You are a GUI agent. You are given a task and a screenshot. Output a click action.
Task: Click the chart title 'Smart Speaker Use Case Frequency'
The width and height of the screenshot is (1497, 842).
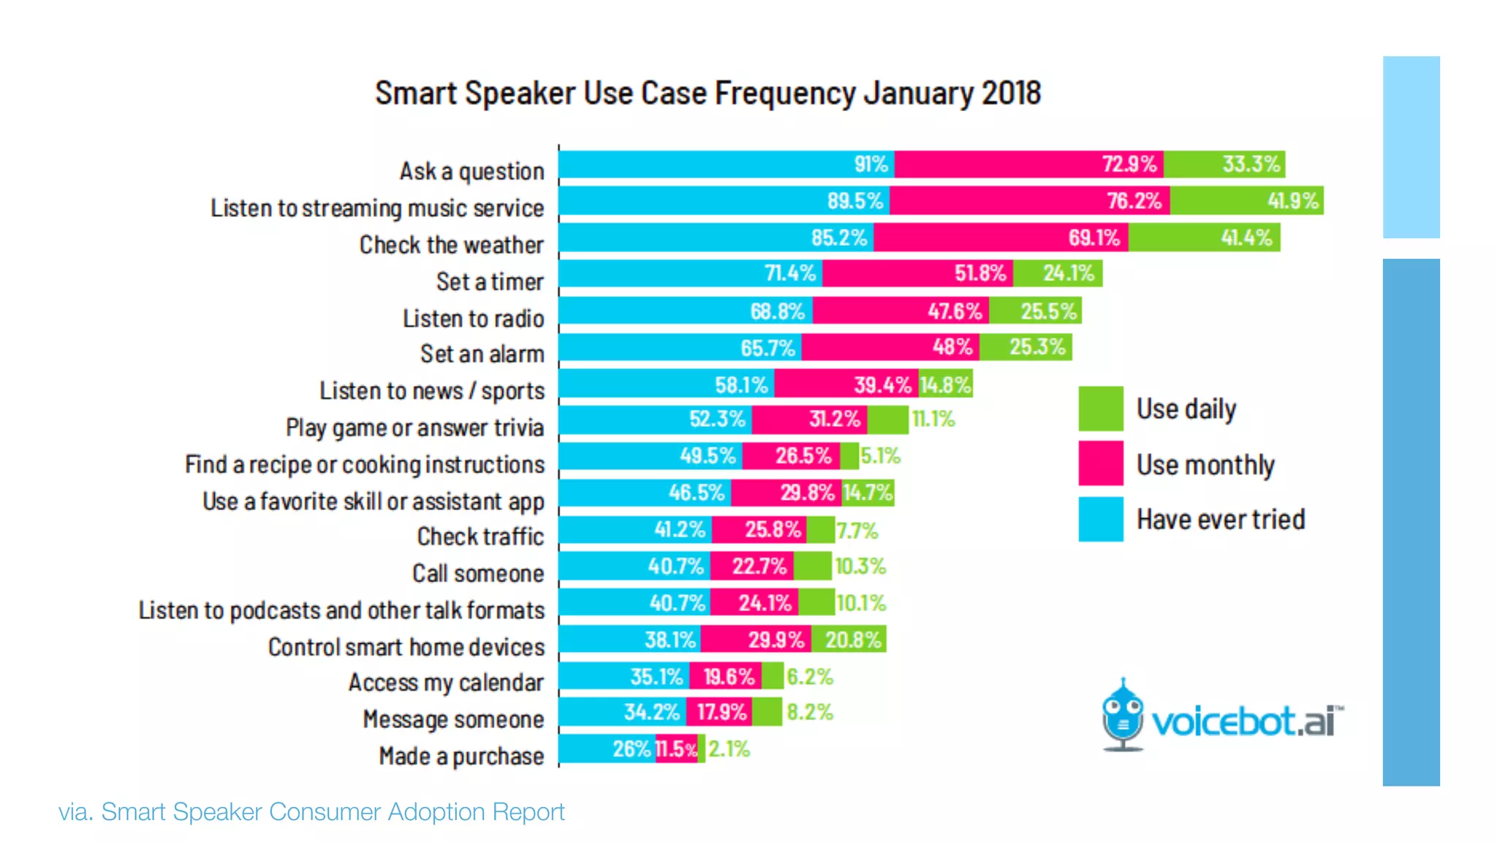tap(708, 94)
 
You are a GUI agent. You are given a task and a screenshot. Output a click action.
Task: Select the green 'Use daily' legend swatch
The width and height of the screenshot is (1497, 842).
tap(1100, 409)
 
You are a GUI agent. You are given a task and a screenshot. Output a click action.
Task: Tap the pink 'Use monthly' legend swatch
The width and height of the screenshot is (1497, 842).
tap(1100, 463)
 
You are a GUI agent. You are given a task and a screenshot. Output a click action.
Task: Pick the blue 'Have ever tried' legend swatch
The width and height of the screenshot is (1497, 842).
tap(1100, 519)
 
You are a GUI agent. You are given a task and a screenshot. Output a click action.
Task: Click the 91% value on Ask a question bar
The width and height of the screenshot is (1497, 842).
tap(871, 164)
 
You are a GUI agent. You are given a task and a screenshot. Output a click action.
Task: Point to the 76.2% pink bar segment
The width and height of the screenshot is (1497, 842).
tap(1029, 200)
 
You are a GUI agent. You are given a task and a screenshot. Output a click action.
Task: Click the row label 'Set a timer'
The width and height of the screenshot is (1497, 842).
tap(490, 281)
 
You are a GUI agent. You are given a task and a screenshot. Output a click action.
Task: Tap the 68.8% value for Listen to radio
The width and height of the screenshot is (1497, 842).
tap(776, 311)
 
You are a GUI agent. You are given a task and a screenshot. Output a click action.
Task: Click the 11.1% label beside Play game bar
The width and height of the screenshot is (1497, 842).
tap(933, 420)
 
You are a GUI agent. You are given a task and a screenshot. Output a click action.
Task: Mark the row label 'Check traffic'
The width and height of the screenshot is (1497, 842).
tap(480, 536)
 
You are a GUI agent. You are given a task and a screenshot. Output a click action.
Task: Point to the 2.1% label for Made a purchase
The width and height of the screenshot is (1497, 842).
tap(729, 749)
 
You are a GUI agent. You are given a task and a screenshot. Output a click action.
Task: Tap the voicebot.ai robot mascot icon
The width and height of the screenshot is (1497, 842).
tap(1122, 716)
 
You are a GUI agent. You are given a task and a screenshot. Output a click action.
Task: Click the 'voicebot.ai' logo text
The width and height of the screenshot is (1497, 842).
tap(1246, 722)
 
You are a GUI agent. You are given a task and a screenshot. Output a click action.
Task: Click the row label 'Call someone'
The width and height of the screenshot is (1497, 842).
tap(478, 574)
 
